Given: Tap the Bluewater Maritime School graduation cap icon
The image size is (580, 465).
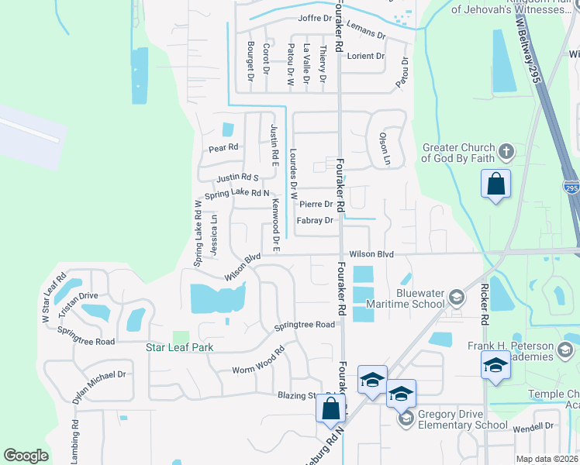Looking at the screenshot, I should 457,297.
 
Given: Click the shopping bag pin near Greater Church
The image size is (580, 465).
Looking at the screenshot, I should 496,185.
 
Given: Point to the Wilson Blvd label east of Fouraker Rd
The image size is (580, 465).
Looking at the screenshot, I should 371,253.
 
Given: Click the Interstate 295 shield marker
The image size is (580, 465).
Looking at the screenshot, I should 572,188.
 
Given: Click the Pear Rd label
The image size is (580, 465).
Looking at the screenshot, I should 223,146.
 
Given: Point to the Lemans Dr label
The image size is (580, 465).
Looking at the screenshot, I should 367,33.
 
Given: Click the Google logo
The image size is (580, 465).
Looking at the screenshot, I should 26,455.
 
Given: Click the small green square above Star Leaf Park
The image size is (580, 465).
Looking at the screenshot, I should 181,336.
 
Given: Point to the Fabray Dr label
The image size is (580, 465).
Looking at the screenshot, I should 314,221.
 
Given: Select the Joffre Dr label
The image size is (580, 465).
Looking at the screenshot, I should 314,19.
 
